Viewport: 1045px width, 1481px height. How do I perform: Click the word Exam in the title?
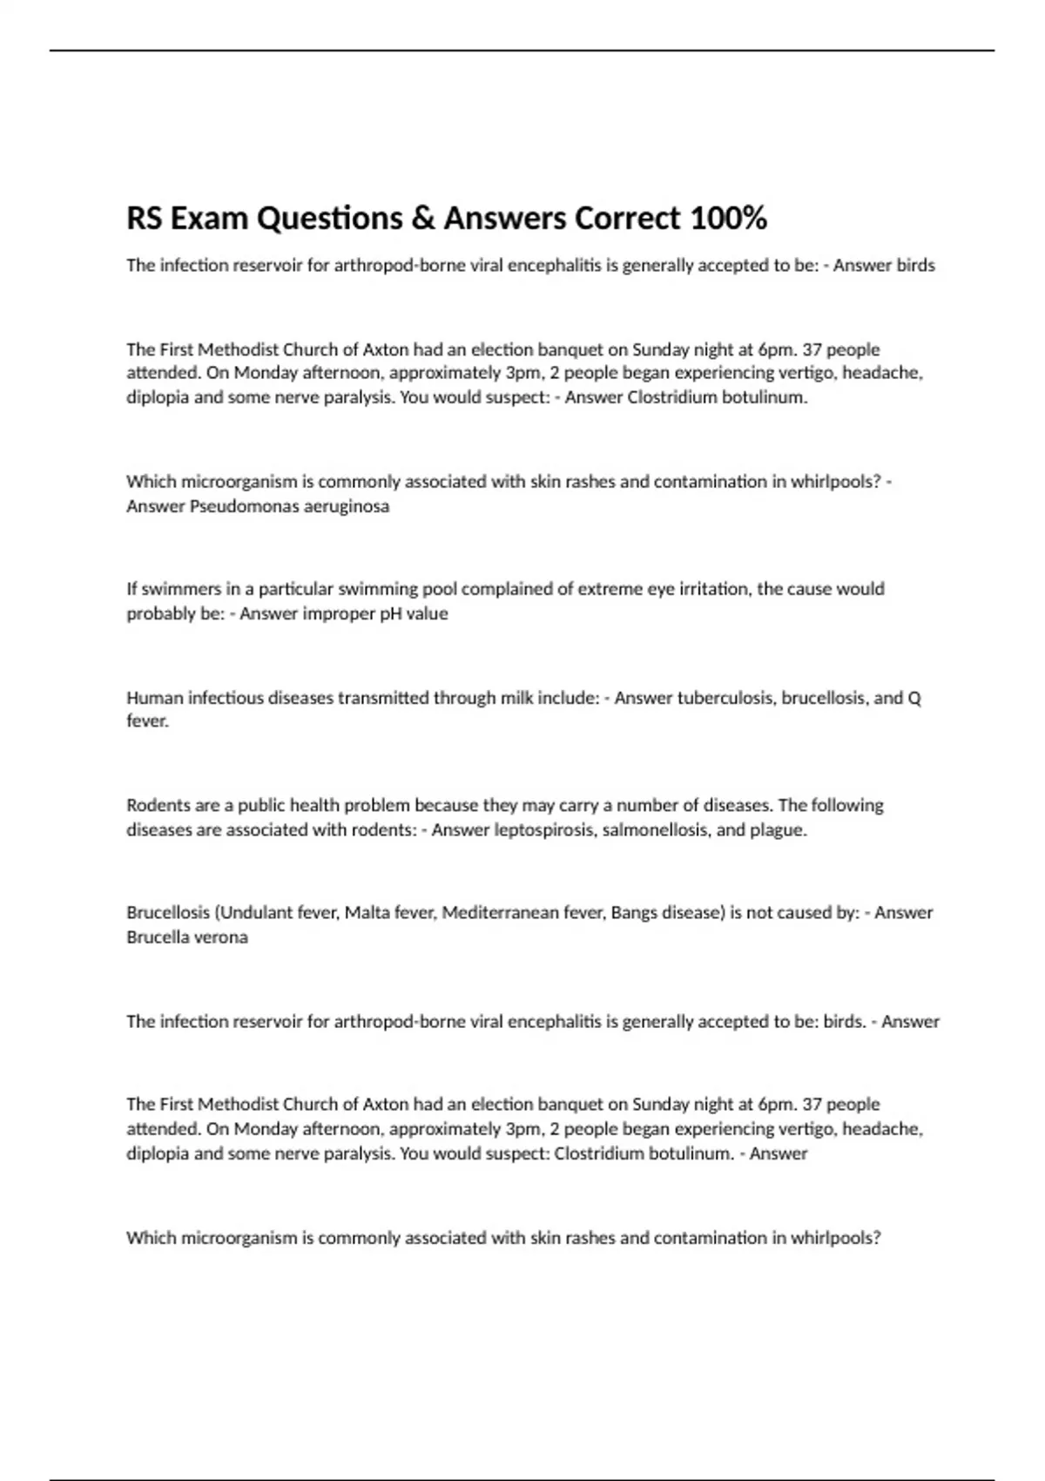[209, 219]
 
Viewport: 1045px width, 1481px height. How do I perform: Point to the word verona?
[223, 937]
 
